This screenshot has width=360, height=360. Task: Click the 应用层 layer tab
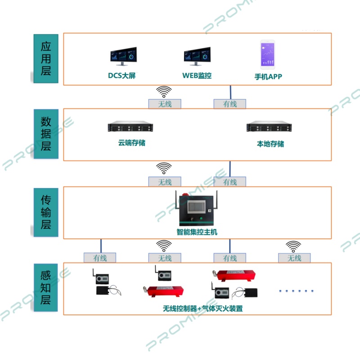point(46,58)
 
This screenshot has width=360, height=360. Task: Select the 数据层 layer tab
point(46,134)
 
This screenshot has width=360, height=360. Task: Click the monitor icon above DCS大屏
point(122,56)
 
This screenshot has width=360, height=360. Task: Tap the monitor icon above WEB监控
point(197,56)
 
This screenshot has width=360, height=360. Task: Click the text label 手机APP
point(268,76)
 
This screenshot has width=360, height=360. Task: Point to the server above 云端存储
point(130,127)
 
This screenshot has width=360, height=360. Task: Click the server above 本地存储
point(270,127)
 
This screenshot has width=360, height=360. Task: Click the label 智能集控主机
point(197,233)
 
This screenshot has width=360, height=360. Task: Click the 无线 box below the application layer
point(165,104)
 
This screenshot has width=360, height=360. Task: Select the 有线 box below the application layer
point(230,104)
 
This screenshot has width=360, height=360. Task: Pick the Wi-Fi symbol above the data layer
point(164,91)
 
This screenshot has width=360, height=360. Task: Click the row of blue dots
point(296,291)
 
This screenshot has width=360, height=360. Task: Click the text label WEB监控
point(197,76)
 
